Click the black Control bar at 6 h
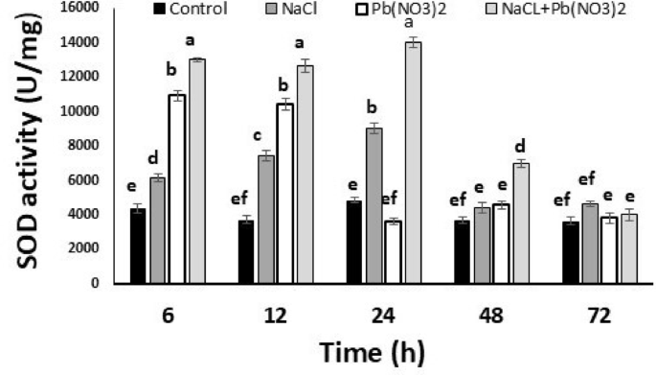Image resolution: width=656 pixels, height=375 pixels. tap(137, 246)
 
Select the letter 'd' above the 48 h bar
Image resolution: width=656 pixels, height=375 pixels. tap(521, 146)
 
